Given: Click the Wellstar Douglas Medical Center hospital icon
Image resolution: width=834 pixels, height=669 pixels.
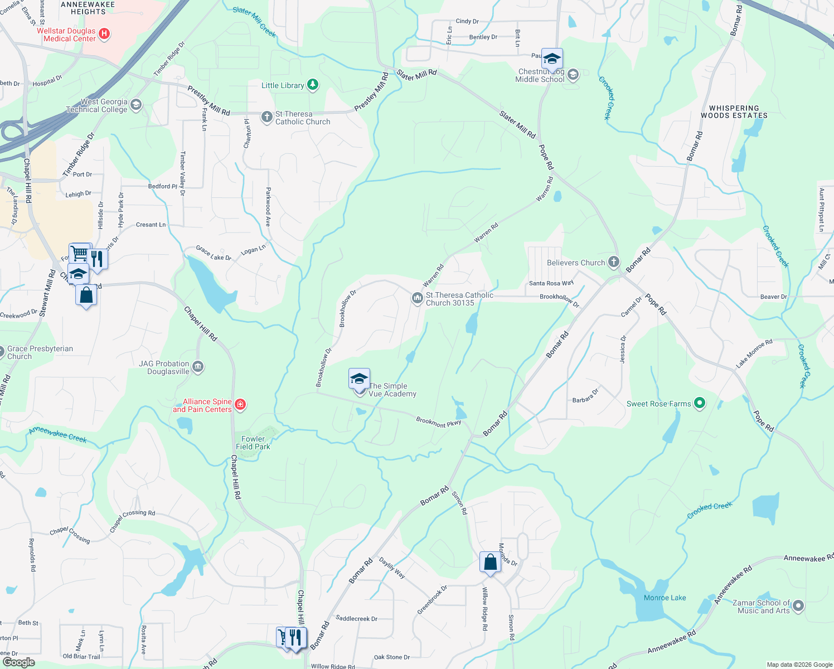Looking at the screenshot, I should click(104, 35).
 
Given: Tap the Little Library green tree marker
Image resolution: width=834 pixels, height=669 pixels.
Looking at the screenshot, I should click(313, 85).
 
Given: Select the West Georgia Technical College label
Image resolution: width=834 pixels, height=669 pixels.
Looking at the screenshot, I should click(96, 105).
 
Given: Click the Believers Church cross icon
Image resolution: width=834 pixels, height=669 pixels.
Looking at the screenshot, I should click(613, 262).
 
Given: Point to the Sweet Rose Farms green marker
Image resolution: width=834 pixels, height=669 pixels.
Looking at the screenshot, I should click(700, 403).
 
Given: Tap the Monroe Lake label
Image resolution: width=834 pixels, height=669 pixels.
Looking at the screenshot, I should click(665, 598).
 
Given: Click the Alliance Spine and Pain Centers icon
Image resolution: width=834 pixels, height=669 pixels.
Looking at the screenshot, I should click(240, 404).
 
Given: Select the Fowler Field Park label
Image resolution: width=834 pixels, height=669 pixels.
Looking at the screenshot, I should click(253, 443).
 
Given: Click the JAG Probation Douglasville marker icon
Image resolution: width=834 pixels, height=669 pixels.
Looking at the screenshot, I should click(198, 367).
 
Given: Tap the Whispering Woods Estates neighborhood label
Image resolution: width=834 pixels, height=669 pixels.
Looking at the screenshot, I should click(734, 112).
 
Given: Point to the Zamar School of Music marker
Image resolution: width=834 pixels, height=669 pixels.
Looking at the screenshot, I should click(798, 605).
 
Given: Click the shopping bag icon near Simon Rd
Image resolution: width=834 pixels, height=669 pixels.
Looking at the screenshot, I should click(490, 563).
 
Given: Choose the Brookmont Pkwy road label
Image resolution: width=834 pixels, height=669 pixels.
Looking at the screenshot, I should click(438, 422).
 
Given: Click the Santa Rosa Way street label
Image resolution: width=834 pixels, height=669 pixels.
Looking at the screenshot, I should click(551, 283).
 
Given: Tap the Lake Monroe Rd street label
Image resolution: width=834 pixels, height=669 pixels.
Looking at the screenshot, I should click(754, 353).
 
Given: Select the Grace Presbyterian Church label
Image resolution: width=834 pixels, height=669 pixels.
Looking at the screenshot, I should click(40, 352).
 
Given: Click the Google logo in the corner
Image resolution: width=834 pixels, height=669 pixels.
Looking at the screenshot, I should click(18, 662).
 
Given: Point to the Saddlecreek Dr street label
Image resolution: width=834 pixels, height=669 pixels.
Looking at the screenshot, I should click(356, 618).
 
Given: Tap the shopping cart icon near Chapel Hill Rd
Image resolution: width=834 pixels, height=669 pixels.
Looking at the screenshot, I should click(80, 254).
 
